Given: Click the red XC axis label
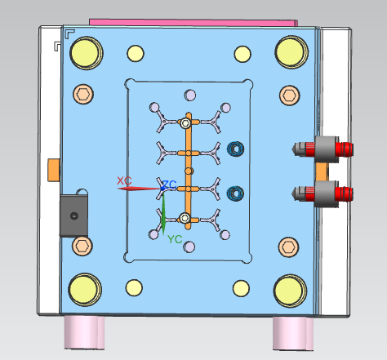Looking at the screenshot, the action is click(x=124, y=180).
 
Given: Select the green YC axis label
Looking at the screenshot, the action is click(x=175, y=239).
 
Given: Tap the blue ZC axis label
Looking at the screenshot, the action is click(x=170, y=184).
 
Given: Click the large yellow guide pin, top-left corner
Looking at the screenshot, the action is click(x=87, y=53).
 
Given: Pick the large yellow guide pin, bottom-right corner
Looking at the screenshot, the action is click(x=290, y=291).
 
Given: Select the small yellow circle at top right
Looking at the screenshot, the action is click(x=242, y=54).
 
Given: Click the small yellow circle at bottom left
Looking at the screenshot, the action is click(x=134, y=287).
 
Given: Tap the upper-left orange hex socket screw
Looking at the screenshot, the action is click(x=83, y=94).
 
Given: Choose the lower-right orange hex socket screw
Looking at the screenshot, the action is click(x=288, y=247).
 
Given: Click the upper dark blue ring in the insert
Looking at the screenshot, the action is click(x=235, y=149).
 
